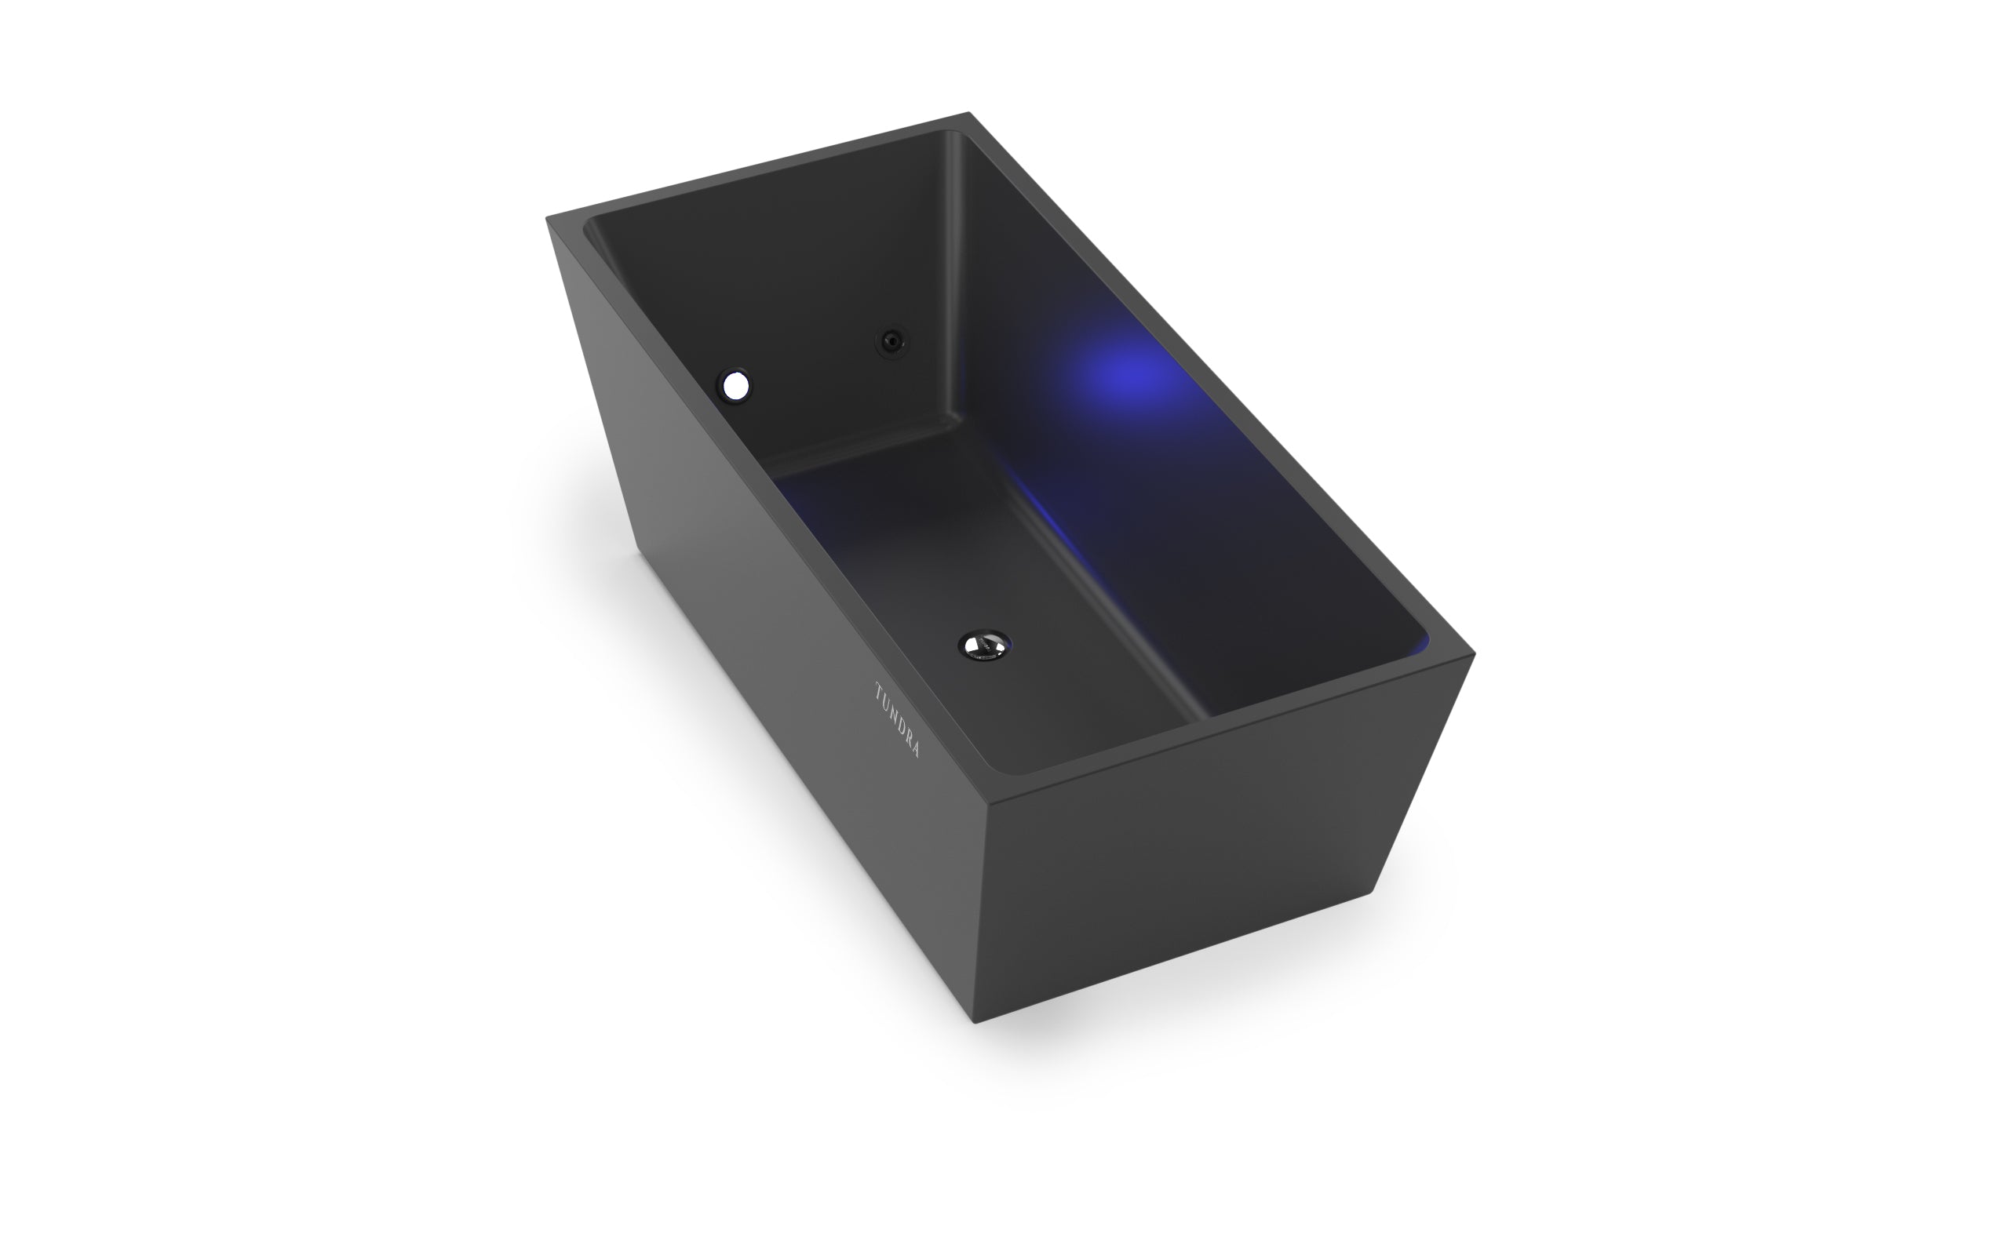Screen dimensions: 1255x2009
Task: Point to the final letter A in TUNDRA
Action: [x=915, y=751]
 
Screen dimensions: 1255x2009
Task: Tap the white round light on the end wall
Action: [x=735, y=384]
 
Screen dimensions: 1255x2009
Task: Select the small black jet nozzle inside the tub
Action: [x=891, y=340]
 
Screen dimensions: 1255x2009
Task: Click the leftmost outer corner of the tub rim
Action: [x=546, y=218]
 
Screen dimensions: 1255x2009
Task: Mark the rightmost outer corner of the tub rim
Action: [x=1474, y=654]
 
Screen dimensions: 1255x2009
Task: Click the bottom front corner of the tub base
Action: [x=975, y=1022]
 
